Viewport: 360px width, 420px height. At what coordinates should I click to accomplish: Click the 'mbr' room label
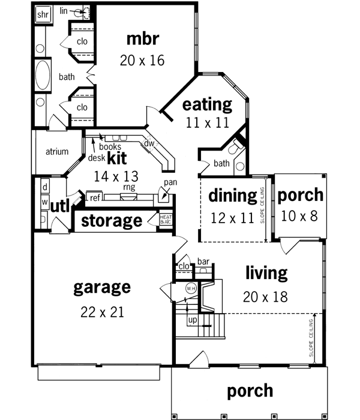143,39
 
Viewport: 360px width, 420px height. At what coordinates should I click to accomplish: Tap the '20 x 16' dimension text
142,60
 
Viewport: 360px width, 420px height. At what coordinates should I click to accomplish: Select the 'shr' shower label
43,15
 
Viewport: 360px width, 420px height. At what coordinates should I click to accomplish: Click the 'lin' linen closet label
64,11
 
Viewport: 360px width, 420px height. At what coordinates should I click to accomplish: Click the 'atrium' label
57,152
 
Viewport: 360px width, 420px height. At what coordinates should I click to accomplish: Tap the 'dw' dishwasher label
149,143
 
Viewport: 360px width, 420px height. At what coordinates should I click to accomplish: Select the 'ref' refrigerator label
95,197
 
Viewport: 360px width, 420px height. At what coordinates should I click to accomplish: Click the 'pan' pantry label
170,182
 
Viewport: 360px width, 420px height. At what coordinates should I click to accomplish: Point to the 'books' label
110,146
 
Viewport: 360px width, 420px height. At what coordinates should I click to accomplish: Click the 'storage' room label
112,220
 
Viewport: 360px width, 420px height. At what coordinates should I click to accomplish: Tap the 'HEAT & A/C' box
166,220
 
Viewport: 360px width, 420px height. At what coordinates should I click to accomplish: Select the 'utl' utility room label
61,207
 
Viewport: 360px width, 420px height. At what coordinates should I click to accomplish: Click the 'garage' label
101,287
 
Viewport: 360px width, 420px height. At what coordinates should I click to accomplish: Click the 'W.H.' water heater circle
191,287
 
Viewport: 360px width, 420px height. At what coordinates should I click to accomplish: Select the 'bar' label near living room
203,262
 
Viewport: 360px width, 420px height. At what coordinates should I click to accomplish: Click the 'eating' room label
207,105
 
